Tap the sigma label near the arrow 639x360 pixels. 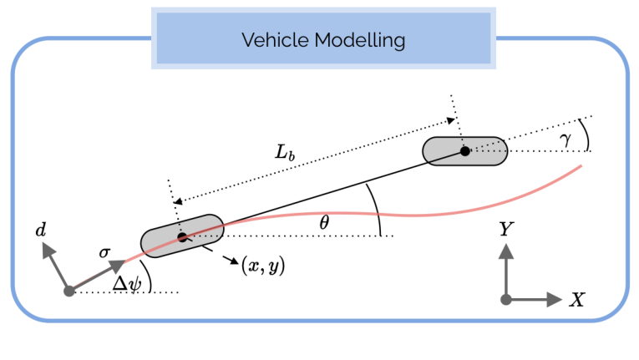coord(105,251)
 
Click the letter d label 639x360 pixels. coord(40,228)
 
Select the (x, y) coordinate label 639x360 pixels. coord(263,267)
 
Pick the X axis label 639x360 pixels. coord(576,300)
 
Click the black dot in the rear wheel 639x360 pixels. coord(182,236)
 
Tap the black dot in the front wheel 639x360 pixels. coord(465,150)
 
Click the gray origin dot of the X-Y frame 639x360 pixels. coord(505,299)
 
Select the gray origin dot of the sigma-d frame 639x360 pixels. coord(68,291)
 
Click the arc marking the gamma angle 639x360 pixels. coord(585,134)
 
